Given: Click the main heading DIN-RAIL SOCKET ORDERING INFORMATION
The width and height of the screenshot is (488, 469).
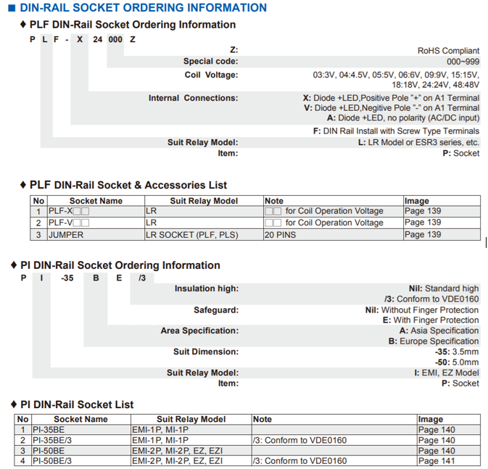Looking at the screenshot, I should tap(143, 8).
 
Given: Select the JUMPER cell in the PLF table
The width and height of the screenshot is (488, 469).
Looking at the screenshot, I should tap(66, 235).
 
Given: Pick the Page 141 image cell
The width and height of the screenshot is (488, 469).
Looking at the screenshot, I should tap(437, 461).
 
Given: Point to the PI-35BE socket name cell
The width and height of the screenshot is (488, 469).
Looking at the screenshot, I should tap(55, 430).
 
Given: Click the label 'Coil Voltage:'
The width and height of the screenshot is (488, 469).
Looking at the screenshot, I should tap(211, 75).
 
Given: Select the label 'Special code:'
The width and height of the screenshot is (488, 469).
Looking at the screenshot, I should tap(210, 62).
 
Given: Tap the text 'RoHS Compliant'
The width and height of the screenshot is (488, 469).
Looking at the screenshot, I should tap(448, 51).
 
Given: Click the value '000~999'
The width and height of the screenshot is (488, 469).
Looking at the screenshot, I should tap(462, 62).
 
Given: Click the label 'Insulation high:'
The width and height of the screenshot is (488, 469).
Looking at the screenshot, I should tap(206, 289).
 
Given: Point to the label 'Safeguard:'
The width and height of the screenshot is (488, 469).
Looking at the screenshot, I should tap(215, 310).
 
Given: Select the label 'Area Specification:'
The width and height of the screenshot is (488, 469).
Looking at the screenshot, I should tap(199, 331).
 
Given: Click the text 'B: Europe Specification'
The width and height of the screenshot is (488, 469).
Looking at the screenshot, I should tap(434, 341).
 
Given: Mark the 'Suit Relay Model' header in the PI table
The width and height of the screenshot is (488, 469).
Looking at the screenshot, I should tap(191, 420).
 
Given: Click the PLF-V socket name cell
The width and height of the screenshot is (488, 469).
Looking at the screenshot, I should tap(68, 223).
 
